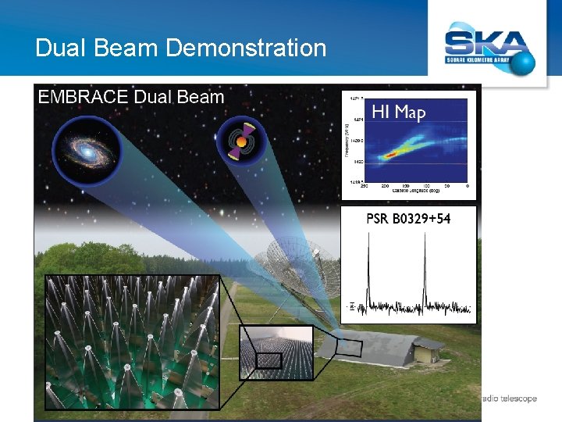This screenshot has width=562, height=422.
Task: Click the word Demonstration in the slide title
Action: pyautogui.click(x=246, y=48)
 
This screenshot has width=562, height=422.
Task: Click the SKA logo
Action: pyautogui.click(x=489, y=44)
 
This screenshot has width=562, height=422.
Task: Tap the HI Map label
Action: pyautogui.click(x=398, y=112)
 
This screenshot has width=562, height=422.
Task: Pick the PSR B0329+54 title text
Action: pyautogui.click(x=408, y=218)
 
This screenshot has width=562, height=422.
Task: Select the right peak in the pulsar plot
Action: pyautogui.click(x=425, y=266)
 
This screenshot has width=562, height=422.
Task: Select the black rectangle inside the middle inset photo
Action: pyautogui.click(x=269, y=359)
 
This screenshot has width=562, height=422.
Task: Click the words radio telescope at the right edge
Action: pyautogui.click(x=509, y=399)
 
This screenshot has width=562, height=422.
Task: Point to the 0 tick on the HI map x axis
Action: pyautogui.click(x=467, y=186)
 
